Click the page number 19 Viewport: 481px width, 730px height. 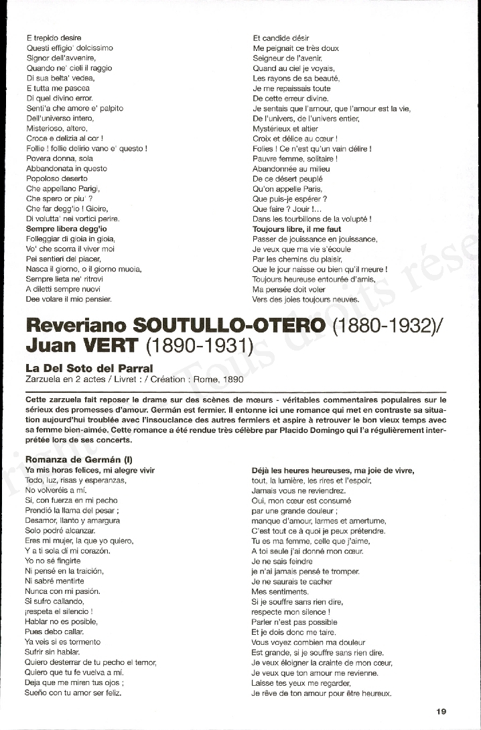coord(440,712)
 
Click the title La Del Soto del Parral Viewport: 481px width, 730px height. coord(89,369)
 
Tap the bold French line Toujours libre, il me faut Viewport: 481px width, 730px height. coord(297,229)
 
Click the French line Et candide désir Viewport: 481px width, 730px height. coord(281,38)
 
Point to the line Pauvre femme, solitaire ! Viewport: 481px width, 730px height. coord(295,159)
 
